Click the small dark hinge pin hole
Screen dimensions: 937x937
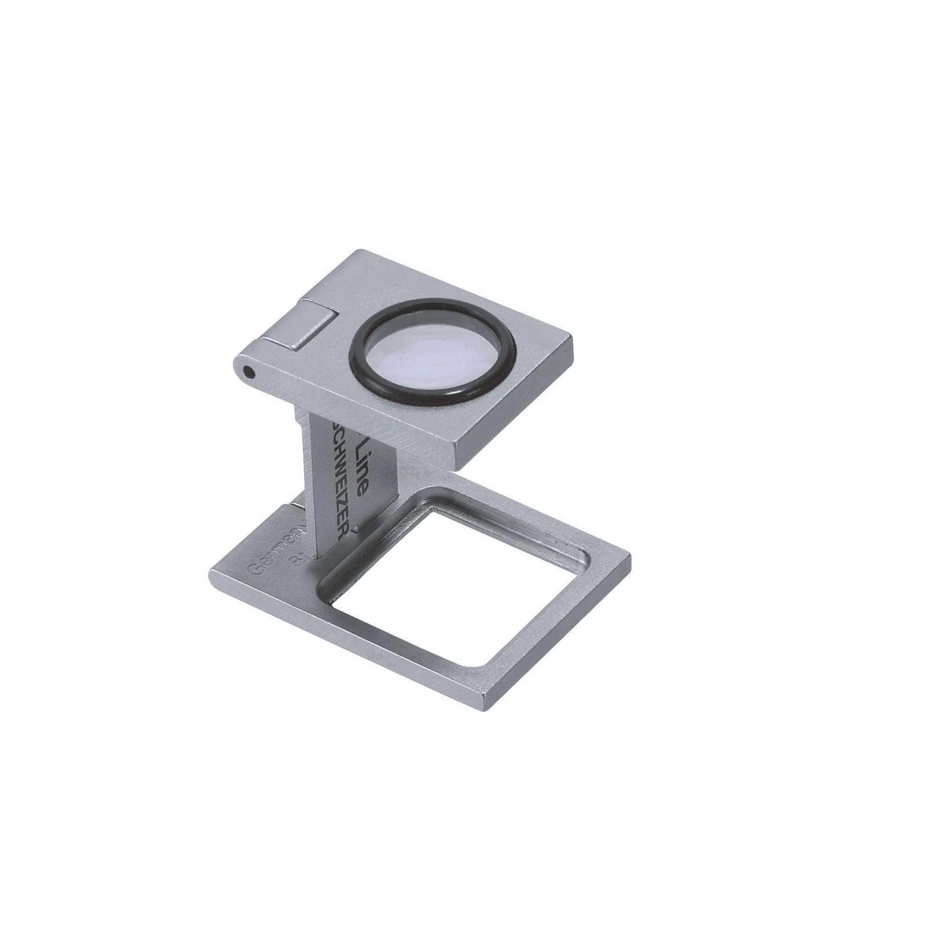click(x=249, y=372)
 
